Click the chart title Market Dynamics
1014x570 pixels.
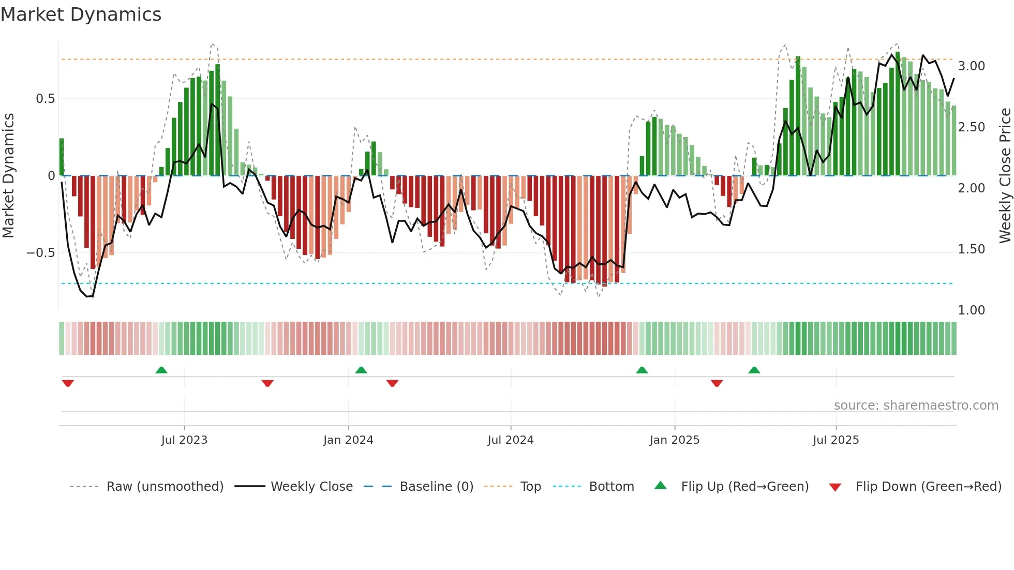pos(81,14)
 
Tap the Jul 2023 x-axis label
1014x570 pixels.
pos(184,440)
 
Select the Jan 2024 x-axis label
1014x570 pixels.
pos(348,440)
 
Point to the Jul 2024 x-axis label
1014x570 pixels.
pos(510,440)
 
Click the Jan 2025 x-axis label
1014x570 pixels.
pos(675,440)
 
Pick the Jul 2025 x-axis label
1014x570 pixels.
pos(836,440)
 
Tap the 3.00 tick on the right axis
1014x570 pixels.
pos(971,66)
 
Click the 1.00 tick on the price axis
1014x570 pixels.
pos(971,310)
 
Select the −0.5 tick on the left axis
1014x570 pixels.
pos(40,253)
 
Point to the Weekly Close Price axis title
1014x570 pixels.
pos(1005,176)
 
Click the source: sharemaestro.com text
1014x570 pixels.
pos(916,406)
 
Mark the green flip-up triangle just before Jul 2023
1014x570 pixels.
pos(161,370)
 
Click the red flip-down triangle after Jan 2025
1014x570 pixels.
pos(717,383)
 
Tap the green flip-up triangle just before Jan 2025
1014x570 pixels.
pos(642,370)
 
